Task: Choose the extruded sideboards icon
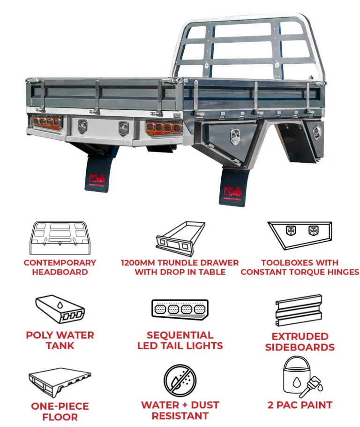click(299, 311)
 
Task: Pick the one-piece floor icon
click(60, 381)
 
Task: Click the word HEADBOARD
click(60, 272)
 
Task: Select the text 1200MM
click(139, 263)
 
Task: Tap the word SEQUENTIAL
click(180, 335)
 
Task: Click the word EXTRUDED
click(300, 336)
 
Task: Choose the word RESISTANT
click(180, 416)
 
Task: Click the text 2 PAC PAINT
click(300, 404)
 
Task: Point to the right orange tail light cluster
click(164, 127)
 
